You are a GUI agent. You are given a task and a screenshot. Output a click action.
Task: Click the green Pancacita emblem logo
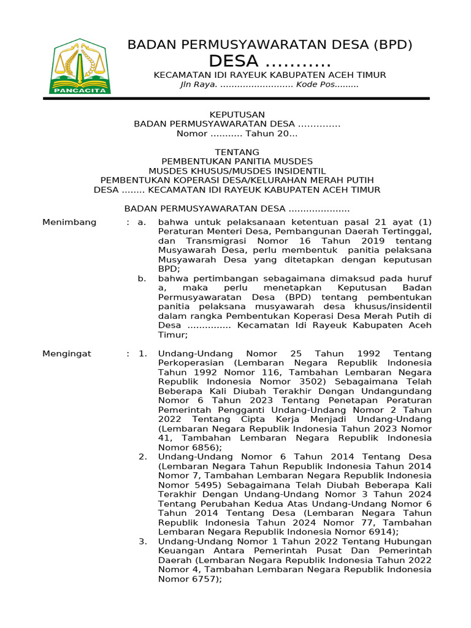[x=80, y=66]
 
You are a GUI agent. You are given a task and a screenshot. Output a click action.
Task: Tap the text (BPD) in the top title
[x=392, y=45]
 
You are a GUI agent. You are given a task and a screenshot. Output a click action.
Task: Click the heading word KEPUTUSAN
[x=237, y=115]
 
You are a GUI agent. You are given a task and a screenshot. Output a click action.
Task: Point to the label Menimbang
[x=69, y=222]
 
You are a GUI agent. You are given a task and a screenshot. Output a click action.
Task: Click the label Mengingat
[x=66, y=354]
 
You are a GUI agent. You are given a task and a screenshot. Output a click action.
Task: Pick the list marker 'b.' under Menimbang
[x=142, y=278]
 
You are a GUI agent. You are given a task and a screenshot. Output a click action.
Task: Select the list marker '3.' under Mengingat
[x=142, y=542]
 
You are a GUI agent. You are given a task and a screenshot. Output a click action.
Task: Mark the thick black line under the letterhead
[x=236, y=98]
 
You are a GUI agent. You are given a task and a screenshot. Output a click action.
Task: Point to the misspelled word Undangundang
[x=396, y=391]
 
